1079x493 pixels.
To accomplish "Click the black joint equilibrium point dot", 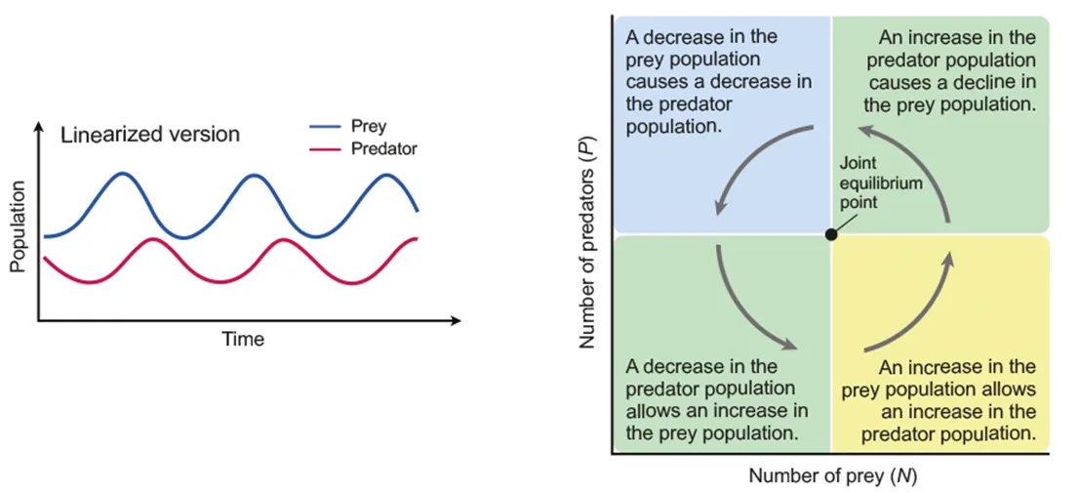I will (830, 234).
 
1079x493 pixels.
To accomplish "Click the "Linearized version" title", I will (150, 135).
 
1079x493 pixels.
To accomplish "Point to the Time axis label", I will (243, 340).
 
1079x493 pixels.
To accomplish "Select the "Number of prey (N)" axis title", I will (833, 476).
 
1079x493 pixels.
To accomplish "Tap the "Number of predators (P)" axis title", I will (587, 242).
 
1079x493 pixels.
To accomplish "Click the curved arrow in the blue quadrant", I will (751, 161).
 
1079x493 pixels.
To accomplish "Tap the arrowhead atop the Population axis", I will (39, 128).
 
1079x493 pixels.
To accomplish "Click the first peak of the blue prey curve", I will (122, 174).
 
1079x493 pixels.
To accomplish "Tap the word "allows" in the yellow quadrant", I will (1011, 389).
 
